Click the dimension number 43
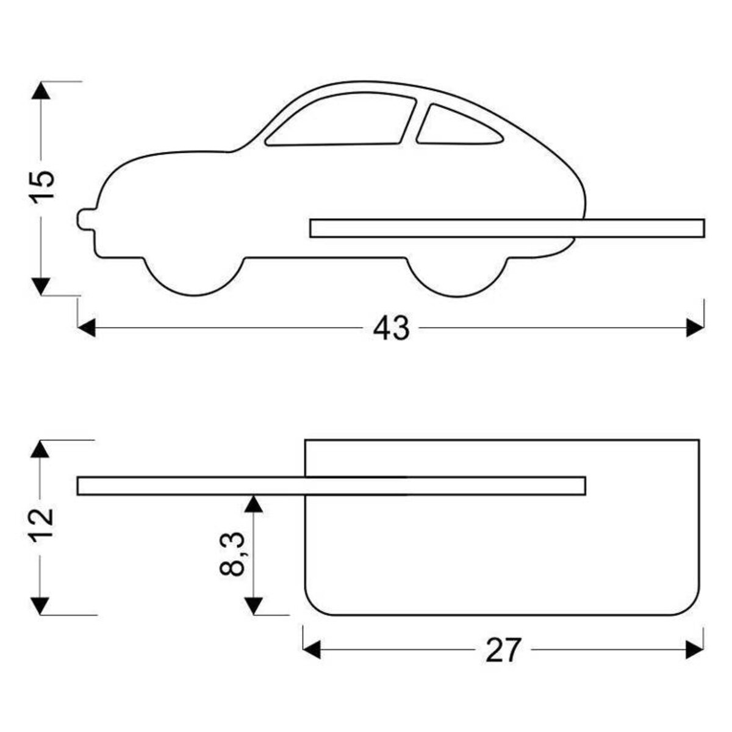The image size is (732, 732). tap(391, 329)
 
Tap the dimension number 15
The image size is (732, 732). tap(43, 185)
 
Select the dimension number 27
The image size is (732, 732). tap(504, 650)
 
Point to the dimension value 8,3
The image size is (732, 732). tap(233, 554)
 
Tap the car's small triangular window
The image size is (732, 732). tap(457, 127)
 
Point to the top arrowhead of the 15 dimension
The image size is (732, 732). tap(41, 90)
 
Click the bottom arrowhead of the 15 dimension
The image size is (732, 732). tap(41, 285)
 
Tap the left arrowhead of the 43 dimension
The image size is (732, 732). tap(87, 328)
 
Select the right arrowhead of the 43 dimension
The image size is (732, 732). tap(695, 328)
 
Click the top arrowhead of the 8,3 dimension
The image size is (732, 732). tap(254, 503)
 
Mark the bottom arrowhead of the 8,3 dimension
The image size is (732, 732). tap(254, 605)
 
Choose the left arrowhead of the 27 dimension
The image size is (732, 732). tap(312, 650)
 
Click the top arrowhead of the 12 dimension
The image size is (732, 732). tap(40, 449)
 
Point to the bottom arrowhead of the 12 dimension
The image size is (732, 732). tap(40, 606)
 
